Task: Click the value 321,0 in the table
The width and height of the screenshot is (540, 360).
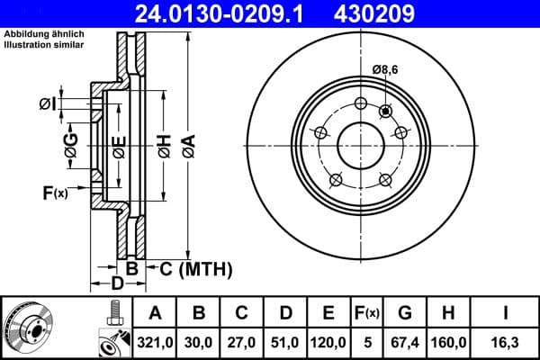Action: tap(155, 343)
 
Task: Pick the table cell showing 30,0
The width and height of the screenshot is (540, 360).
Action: tap(199, 343)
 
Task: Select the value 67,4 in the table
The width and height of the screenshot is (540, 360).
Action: tap(405, 343)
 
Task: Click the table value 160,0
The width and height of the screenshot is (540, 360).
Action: tap(448, 343)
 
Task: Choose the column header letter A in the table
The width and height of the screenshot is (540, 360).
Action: tap(155, 313)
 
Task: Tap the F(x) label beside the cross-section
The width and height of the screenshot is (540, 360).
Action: tap(55, 193)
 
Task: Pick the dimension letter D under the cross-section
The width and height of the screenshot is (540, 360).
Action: tap(116, 284)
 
